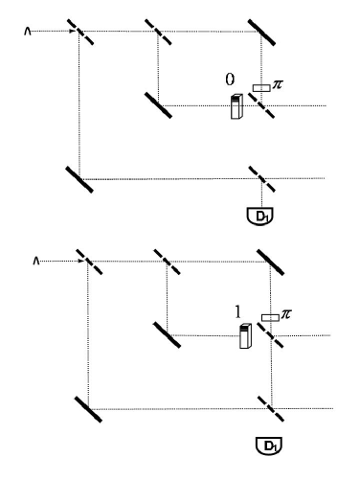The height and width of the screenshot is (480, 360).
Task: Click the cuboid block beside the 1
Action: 245,337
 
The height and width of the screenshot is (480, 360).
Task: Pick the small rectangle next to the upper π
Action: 260,89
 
